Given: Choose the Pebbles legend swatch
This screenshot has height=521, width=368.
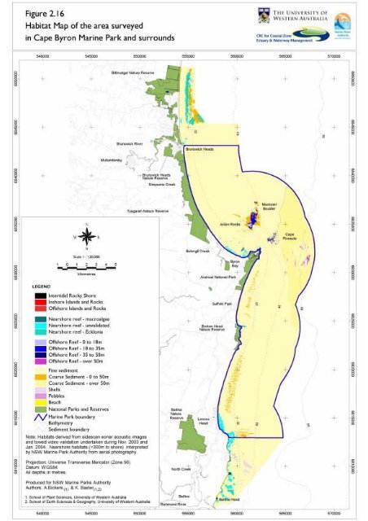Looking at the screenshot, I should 38,374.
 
